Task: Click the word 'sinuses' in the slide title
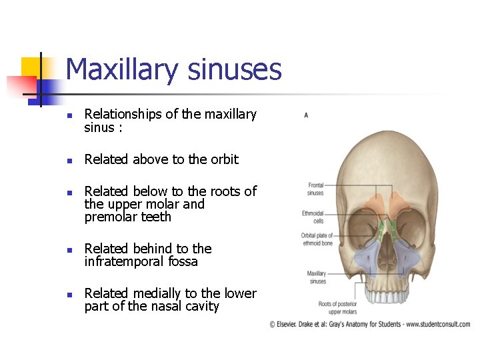pos(234,69)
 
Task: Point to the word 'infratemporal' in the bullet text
pos(123,262)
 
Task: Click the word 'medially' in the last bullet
pos(157,293)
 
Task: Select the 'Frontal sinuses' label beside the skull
pos(315,189)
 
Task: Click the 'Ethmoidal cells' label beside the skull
pos(313,217)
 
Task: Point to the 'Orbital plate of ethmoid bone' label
pos(317,239)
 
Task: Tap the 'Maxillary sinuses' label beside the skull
pos(316,277)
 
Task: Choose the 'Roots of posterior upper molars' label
pos(337,308)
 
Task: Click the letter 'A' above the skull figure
pos(306,115)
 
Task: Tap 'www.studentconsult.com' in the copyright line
pos(437,325)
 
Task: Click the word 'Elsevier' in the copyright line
pos(291,325)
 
